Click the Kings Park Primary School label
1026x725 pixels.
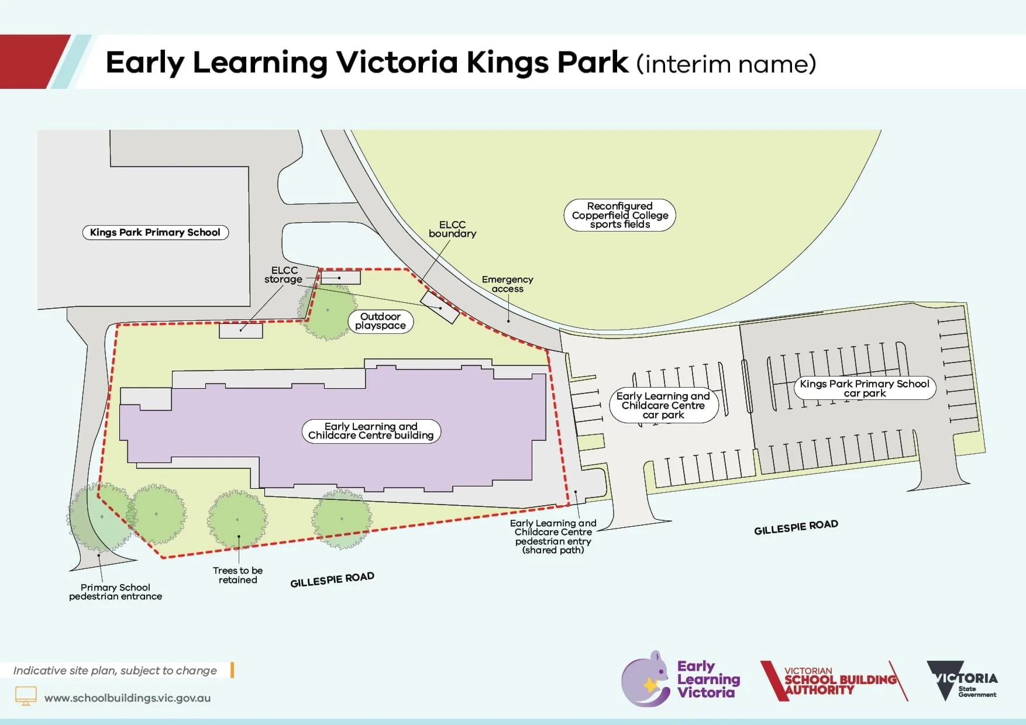pyautogui.click(x=155, y=232)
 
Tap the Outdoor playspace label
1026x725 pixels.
pyautogui.click(x=380, y=321)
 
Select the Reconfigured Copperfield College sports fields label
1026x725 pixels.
pyautogui.click(x=619, y=215)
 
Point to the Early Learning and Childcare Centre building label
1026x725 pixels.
pyautogui.click(x=371, y=431)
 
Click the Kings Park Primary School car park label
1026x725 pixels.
pyautogui.click(x=865, y=388)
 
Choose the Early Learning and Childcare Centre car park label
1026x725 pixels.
pyautogui.click(x=663, y=405)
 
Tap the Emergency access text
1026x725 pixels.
pyautogui.click(x=507, y=284)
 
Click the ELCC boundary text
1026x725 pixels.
pyautogui.click(x=452, y=229)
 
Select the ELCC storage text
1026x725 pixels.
pyautogui.click(x=284, y=275)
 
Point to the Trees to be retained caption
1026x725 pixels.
pyautogui.click(x=237, y=575)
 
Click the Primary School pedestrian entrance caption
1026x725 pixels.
pyautogui.click(x=115, y=592)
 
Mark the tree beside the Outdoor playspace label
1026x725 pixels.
pyautogui.click(x=328, y=311)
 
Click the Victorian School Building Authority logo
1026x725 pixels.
pyautogui.click(x=834, y=681)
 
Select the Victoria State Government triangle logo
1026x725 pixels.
pyautogui.click(x=945, y=679)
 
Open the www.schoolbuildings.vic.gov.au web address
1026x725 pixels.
pyautogui.click(x=128, y=698)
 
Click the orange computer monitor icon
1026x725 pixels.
pyautogui.click(x=25, y=696)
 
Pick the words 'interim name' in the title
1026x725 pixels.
pyautogui.click(x=726, y=64)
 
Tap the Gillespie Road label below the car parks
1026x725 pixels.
pyautogui.click(x=796, y=527)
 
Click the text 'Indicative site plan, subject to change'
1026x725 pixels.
pyautogui.click(x=115, y=671)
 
